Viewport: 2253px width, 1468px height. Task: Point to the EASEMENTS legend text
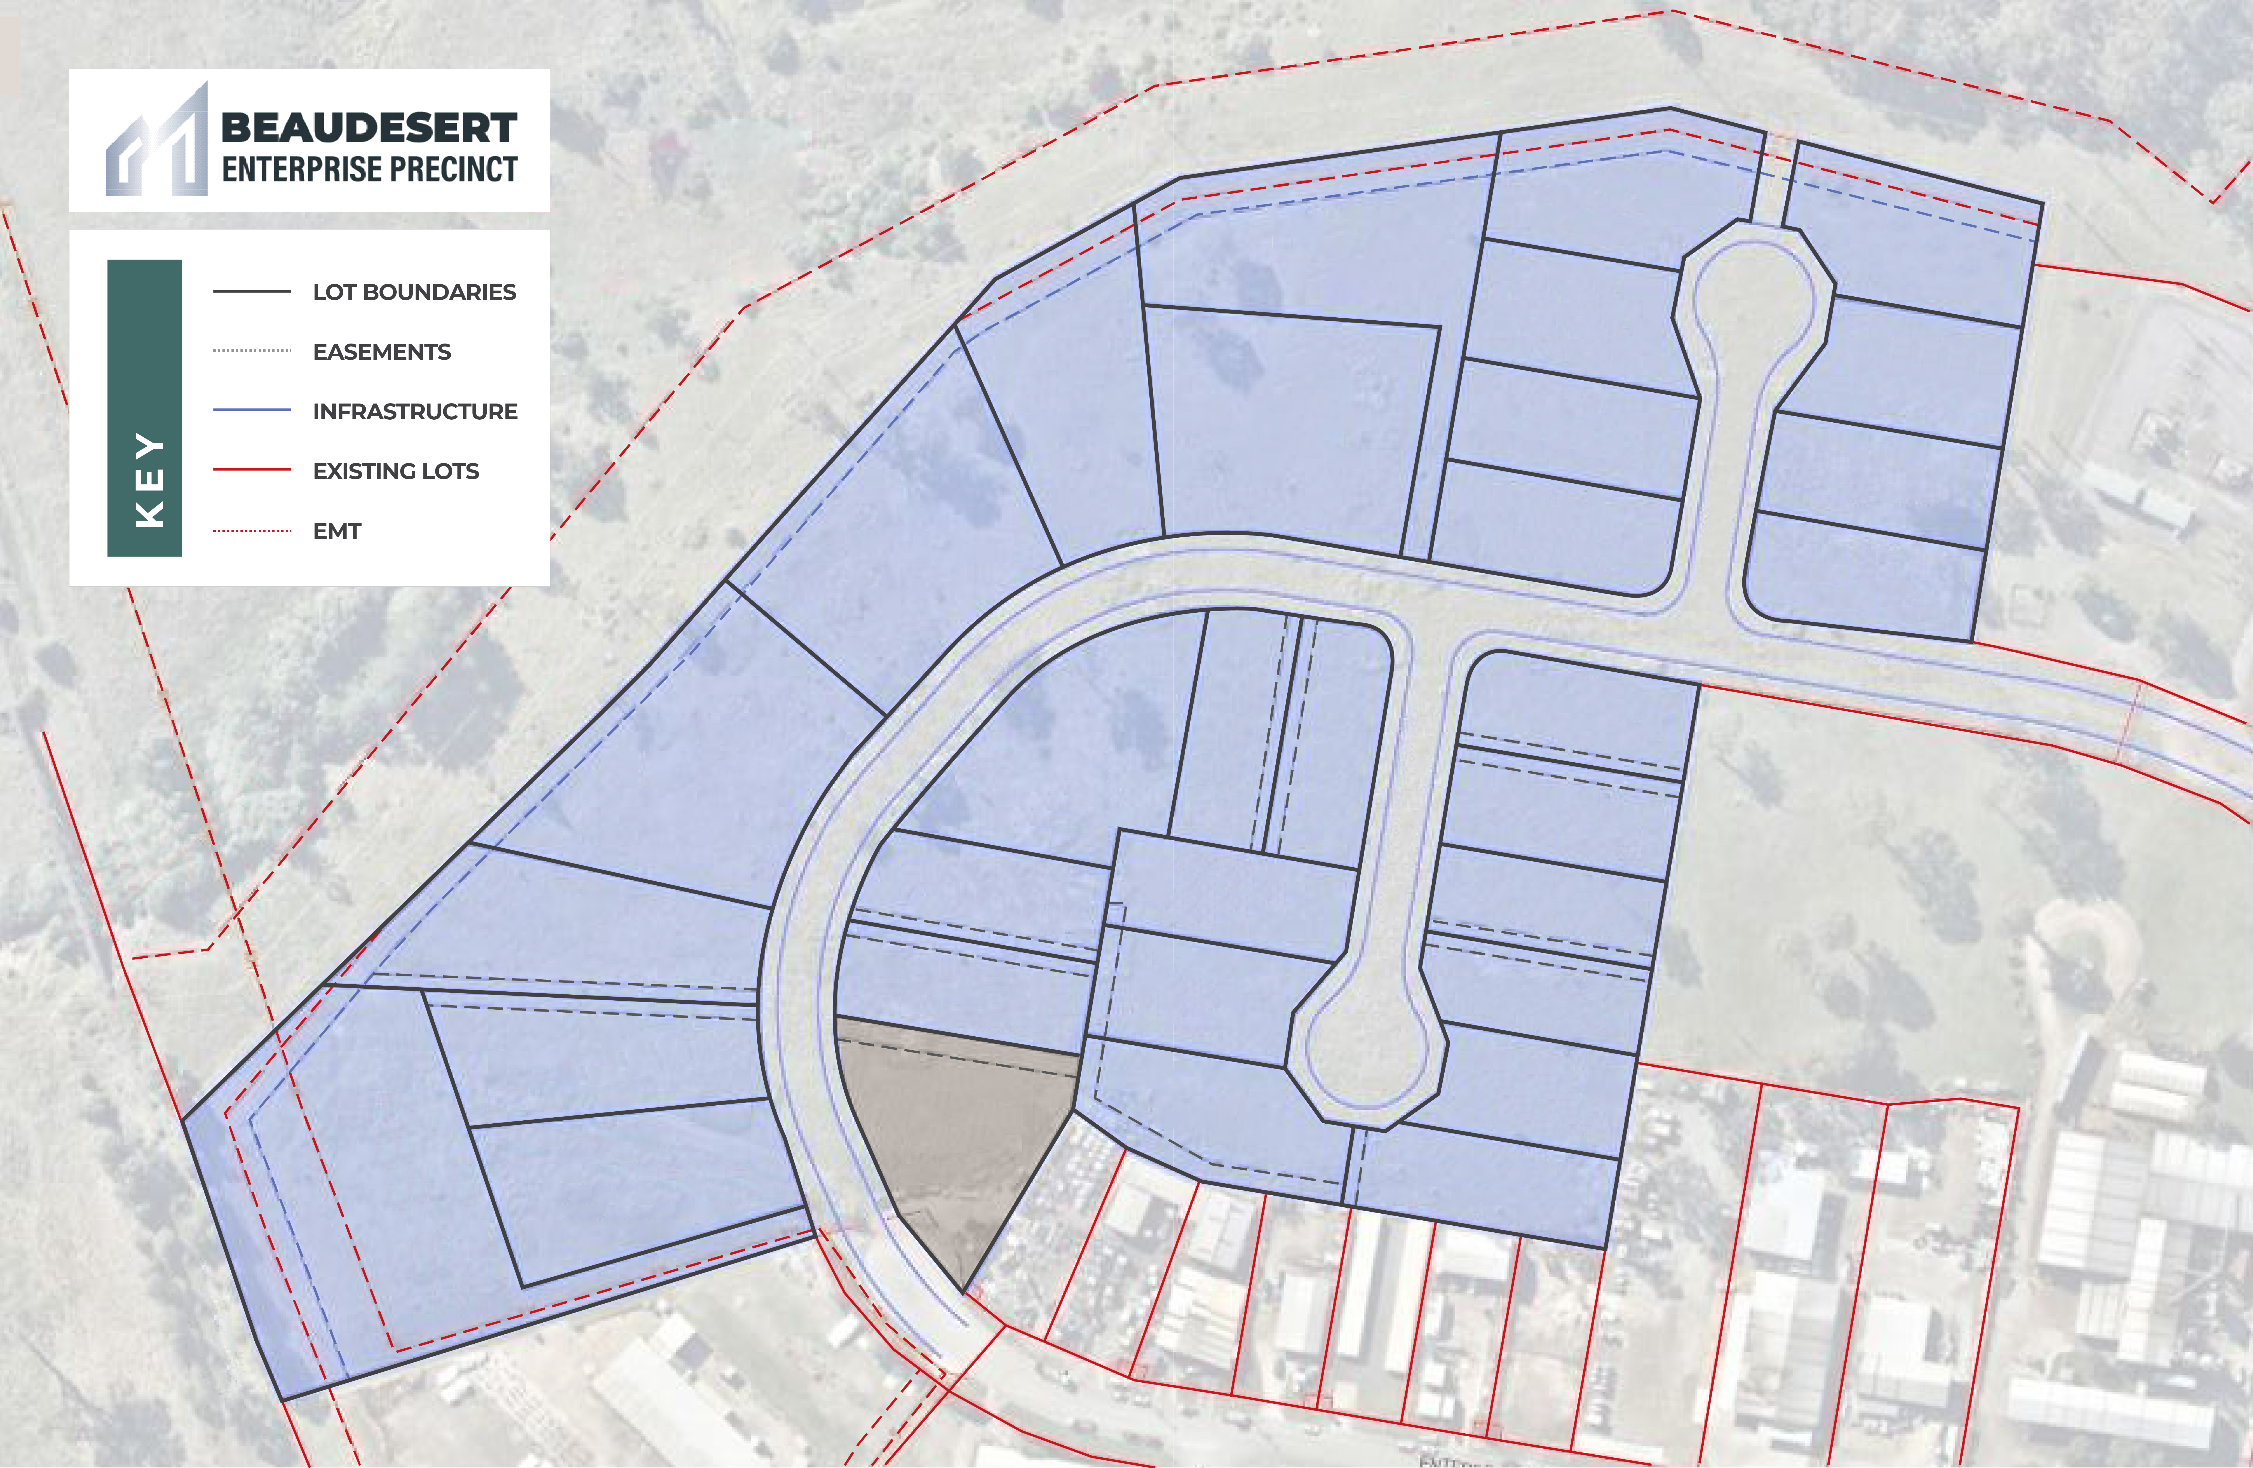click(381, 352)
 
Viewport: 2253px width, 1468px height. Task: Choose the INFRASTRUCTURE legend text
click(415, 412)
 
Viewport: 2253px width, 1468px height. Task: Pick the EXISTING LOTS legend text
click(396, 471)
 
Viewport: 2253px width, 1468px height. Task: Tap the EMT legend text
click(337, 531)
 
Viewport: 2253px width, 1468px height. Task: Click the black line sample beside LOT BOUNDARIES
click(252, 291)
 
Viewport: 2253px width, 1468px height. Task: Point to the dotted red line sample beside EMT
click(252, 531)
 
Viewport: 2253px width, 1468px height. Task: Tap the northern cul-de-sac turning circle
click(1751, 293)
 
